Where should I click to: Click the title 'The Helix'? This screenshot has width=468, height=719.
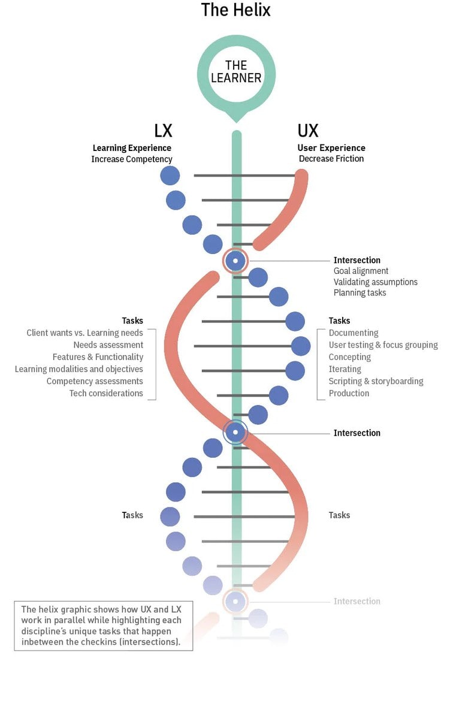tap(235, 10)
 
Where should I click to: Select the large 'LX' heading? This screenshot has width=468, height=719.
tap(163, 131)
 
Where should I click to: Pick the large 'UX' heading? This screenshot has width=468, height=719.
tap(308, 131)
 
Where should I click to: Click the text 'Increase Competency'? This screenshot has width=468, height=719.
tap(132, 159)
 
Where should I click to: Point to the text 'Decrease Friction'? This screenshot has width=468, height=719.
tap(331, 159)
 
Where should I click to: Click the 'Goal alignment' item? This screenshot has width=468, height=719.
tap(361, 271)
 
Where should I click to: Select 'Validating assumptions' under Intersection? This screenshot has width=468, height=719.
tap(375, 282)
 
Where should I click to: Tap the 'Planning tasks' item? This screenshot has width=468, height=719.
tap(360, 293)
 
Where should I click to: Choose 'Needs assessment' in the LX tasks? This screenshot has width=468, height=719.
tap(108, 345)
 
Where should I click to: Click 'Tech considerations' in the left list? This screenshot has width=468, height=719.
tap(106, 394)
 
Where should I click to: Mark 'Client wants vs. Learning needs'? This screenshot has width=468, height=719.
tap(84, 333)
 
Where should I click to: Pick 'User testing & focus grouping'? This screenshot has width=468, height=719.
tap(383, 345)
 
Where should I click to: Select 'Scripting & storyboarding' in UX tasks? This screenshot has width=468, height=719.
tap(376, 382)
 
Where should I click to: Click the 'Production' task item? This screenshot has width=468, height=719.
tap(349, 394)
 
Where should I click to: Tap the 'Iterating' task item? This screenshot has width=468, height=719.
tap(345, 370)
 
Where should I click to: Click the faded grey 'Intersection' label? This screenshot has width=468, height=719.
tap(357, 602)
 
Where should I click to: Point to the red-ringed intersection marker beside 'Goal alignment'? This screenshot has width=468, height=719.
tap(235, 261)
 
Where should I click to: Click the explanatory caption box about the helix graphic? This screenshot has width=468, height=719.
tap(103, 626)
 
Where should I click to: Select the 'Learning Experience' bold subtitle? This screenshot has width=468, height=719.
tap(132, 148)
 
